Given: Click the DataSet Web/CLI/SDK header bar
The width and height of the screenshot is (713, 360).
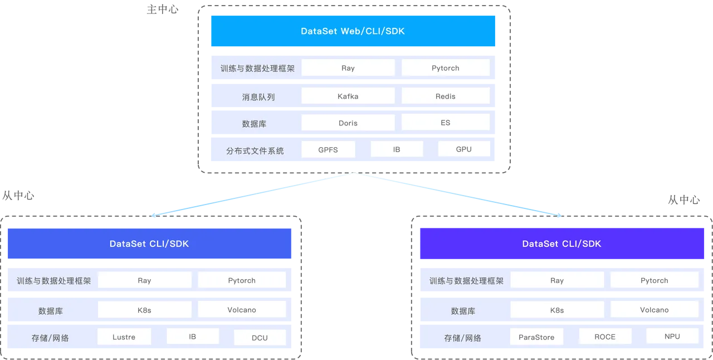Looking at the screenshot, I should point(353,31).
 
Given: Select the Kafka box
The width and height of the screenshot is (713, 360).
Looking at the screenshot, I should point(348,96).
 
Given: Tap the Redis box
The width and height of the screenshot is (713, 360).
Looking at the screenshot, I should point(445,96).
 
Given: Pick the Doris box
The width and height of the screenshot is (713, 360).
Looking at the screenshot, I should point(348,123).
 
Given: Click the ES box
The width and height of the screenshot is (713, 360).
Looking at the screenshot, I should point(445,122).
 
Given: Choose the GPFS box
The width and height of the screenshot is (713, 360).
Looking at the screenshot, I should point(328,149).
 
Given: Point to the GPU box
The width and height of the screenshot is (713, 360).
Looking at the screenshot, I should point(463,149).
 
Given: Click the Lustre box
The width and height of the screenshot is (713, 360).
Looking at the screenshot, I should point(124,337).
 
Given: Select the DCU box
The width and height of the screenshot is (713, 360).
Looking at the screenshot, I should point(260,337).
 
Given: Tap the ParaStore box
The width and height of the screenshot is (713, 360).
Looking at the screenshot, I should point(536,337).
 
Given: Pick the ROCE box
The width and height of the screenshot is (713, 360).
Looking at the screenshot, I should point(605,336).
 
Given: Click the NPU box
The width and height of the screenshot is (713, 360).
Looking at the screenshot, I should point(672,336).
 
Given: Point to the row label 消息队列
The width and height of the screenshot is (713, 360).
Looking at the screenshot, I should point(254,97).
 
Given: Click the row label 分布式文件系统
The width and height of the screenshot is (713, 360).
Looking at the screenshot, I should point(255,150).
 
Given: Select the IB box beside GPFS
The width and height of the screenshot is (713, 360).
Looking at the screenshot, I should point(397,149).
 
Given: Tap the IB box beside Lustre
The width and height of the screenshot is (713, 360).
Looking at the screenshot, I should point(192,337).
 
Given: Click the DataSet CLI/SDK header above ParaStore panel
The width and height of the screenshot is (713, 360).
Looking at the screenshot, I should point(561,244).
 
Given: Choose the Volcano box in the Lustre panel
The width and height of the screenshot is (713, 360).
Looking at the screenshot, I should point(242,309).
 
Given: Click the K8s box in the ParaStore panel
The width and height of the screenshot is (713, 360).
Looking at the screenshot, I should point(556,310).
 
